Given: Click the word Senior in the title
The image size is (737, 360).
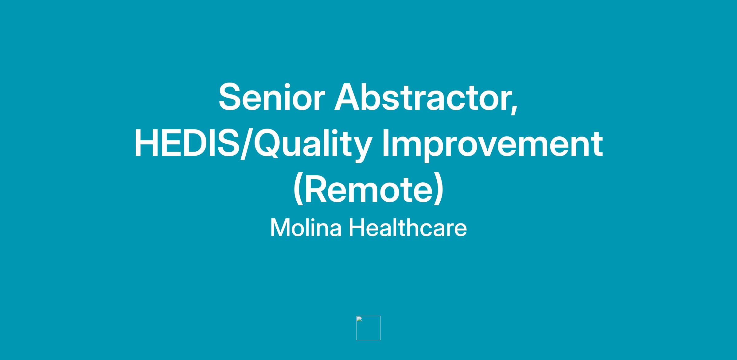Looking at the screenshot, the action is point(272,97).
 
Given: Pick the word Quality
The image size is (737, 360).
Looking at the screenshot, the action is point(313,144).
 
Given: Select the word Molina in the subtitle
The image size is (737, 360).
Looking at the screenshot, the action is point(306,227).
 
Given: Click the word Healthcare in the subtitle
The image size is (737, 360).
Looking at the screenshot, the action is point(408,227).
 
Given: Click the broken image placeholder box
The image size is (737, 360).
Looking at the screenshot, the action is point(368,328).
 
